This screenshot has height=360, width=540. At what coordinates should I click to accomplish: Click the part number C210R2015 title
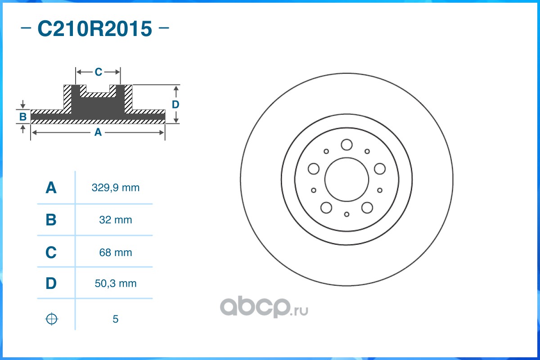pyautogui.click(x=95, y=29)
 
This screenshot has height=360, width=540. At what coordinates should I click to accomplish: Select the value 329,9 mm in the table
pyautogui.click(x=116, y=188)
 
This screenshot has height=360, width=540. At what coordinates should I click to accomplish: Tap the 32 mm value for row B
pyautogui.click(x=116, y=220)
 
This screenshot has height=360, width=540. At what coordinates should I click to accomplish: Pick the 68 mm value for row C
pyautogui.click(x=116, y=252)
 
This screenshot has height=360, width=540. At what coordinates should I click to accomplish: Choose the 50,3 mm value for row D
pyautogui.click(x=116, y=283)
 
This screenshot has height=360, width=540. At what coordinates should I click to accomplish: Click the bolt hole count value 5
pyautogui.click(x=116, y=319)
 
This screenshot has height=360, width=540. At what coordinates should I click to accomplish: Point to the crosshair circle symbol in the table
pyautogui.click(x=52, y=319)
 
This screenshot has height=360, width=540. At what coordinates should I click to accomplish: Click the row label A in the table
pyautogui.click(x=51, y=188)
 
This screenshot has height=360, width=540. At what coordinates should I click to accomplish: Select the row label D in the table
pyautogui.click(x=51, y=283)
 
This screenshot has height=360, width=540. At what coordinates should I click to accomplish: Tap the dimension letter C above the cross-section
pyautogui.click(x=99, y=72)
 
